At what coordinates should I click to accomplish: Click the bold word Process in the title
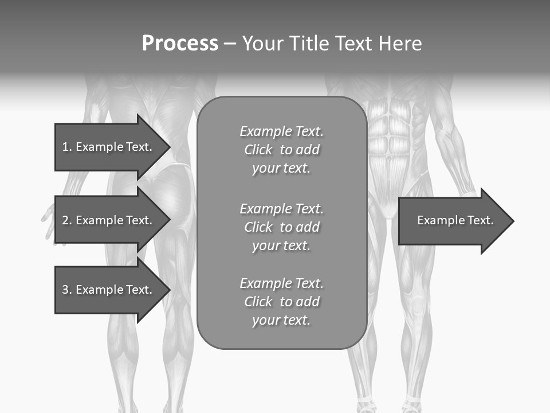[x=180, y=44]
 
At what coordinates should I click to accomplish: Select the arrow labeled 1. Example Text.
[x=107, y=147]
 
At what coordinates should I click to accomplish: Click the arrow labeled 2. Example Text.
[x=107, y=220]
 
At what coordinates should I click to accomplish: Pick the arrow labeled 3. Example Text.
[x=107, y=290]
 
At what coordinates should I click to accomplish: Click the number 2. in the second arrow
[x=66, y=220]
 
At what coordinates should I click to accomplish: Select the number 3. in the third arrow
[x=66, y=290]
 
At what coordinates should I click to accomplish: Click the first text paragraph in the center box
[x=281, y=150]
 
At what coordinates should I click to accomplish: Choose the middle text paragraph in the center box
[x=281, y=227]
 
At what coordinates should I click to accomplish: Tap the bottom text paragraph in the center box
[x=281, y=302]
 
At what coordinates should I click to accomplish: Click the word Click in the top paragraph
[x=258, y=150]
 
